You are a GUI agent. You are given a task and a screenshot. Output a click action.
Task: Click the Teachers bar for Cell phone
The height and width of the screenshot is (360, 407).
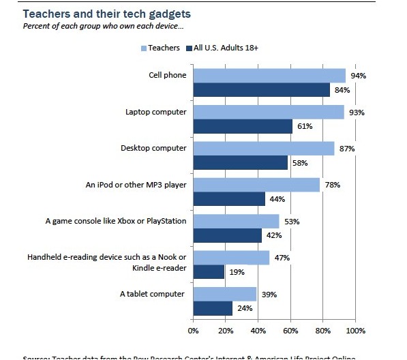click(x=269, y=76)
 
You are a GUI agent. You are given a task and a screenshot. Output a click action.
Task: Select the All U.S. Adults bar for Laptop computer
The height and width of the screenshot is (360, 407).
click(x=243, y=126)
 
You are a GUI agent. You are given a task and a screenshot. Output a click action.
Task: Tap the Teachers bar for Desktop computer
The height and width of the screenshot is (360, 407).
click(x=264, y=148)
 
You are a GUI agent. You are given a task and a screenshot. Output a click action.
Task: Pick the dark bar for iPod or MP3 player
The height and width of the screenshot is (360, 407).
click(x=229, y=198)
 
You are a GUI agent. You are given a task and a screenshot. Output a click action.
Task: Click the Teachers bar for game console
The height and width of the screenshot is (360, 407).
click(x=236, y=221)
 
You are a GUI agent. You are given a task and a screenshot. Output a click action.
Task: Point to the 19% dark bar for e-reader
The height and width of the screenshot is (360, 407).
click(x=209, y=271)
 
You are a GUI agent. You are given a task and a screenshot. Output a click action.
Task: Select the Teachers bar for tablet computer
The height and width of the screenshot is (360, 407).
click(x=225, y=294)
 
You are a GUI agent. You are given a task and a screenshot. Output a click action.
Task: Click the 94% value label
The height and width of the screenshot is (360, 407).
click(x=358, y=76)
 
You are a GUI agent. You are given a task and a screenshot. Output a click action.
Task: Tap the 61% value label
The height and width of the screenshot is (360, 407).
click(x=304, y=127)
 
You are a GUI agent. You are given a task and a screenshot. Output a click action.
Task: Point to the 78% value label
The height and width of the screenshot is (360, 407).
click(x=332, y=185)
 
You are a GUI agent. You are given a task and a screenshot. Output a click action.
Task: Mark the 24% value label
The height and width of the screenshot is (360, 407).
click(x=244, y=308)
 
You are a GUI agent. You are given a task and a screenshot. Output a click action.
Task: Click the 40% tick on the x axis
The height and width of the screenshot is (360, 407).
click(x=258, y=331)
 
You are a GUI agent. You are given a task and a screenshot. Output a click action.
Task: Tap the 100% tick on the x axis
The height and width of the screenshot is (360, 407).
click(x=356, y=331)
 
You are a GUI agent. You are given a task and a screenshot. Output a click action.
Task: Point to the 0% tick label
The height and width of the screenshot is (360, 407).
click(x=193, y=331)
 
